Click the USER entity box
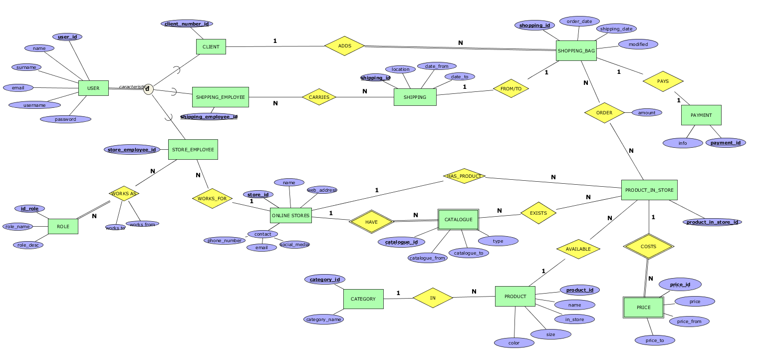(x=93, y=88)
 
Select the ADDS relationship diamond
(x=344, y=46)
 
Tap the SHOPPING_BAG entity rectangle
(x=576, y=51)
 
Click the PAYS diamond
(x=663, y=81)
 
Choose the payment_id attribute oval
(x=726, y=143)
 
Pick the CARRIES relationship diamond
(x=319, y=97)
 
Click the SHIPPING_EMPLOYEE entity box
(x=220, y=97)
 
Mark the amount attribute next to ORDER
(x=647, y=113)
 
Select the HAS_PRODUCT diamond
(x=464, y=176)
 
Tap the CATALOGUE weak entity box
(x=458, y=219)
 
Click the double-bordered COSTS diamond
(x=648, y=247)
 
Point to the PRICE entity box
(x=644, y=307)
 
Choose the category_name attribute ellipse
(x=323, y=320)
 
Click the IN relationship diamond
(x=433, y=298)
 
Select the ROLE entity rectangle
(x=63, y=227)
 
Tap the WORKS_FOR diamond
(x=212, y=199)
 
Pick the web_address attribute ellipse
(x=322, y=190)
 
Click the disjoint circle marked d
(x=148, y=89)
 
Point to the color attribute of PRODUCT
(x=514, y=343)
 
